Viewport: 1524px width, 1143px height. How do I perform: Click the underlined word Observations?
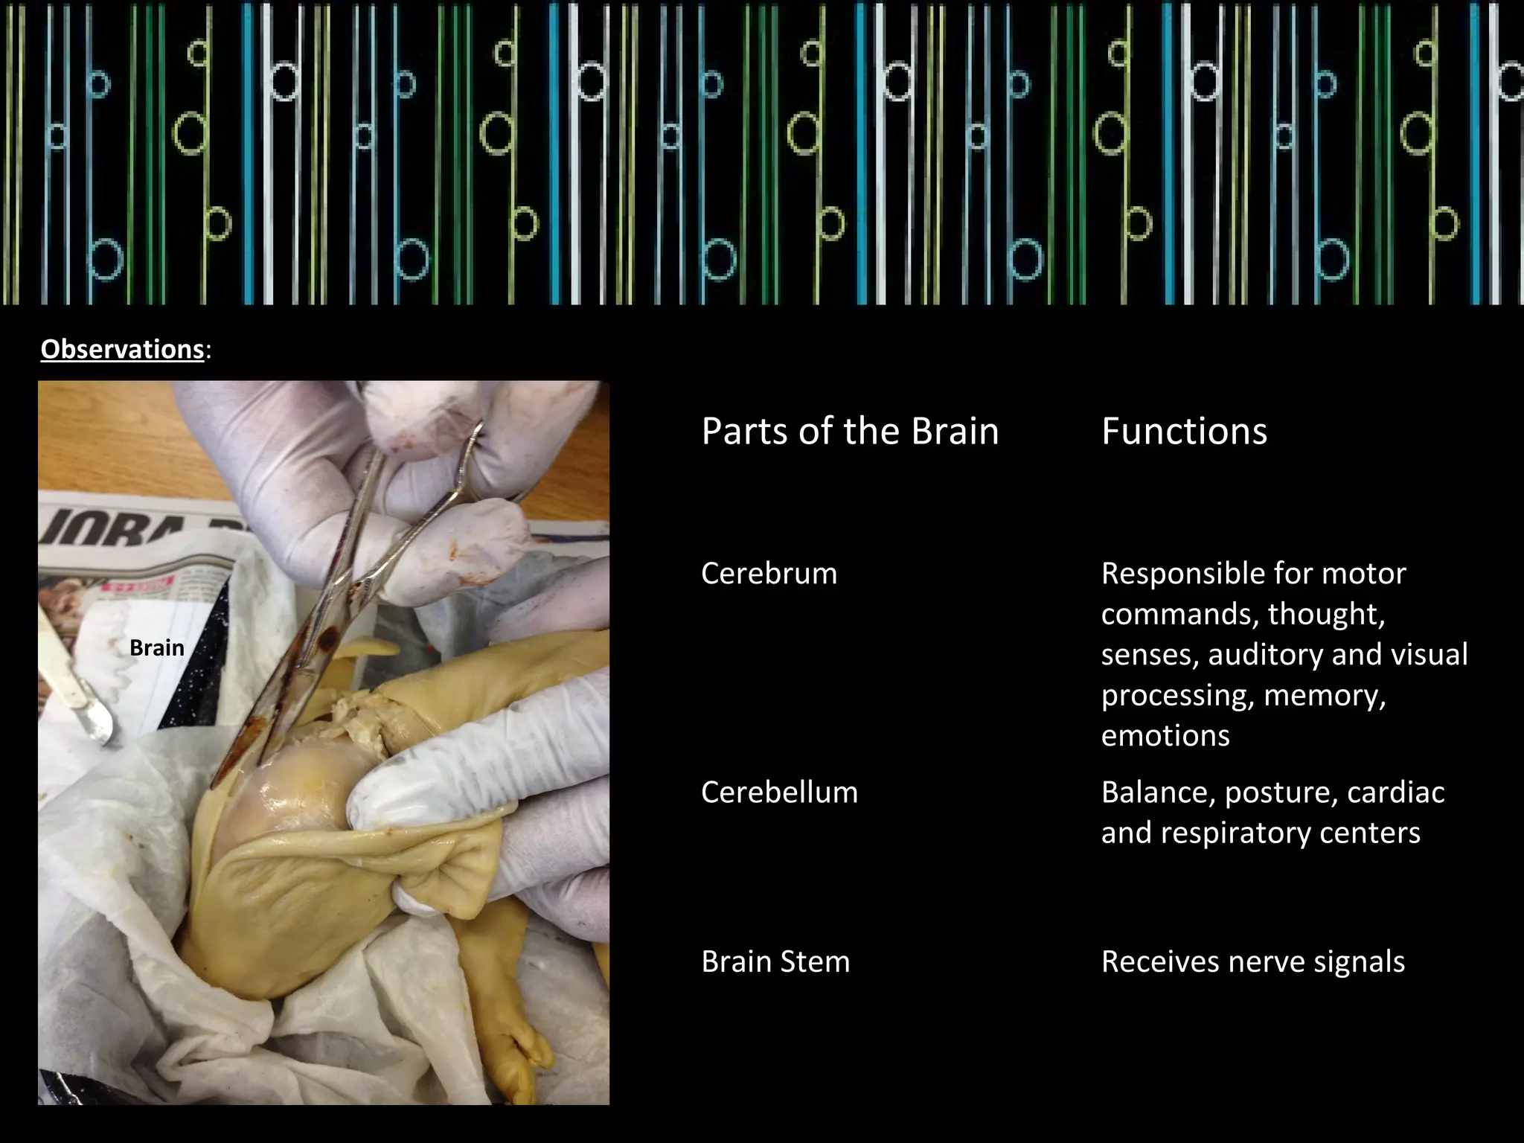tap(122, 349)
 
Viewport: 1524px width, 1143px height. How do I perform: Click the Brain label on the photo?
tap(156, 648)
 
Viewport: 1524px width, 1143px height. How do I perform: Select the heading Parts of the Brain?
tap(850, 432)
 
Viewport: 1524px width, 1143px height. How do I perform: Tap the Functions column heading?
tap(1184, 432)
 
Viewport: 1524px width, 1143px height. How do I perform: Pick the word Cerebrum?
tap(769, 574)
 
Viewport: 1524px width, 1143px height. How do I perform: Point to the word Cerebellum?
tap(779, 793)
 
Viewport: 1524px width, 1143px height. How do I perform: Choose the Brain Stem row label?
tap(775, 962)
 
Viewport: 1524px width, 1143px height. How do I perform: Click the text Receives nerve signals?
tap(1252, 962)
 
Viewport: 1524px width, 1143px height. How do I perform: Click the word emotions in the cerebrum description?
tap(1165, 736)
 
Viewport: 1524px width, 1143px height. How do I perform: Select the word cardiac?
tap(1395, 793)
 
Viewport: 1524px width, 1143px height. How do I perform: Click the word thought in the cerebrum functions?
tap(1326, 615)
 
